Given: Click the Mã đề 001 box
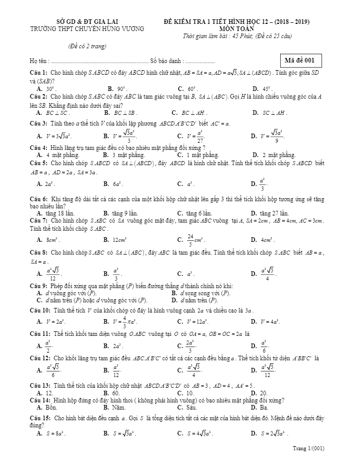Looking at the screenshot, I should [300, 60].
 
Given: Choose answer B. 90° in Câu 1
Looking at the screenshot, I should [115, 88].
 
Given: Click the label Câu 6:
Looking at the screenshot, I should [39, 200].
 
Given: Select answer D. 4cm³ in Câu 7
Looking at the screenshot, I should [263, 239].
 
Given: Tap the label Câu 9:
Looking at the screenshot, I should [39, 287].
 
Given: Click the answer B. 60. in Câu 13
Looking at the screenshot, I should [111, 393].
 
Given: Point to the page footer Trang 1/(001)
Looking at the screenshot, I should [309, 449].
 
